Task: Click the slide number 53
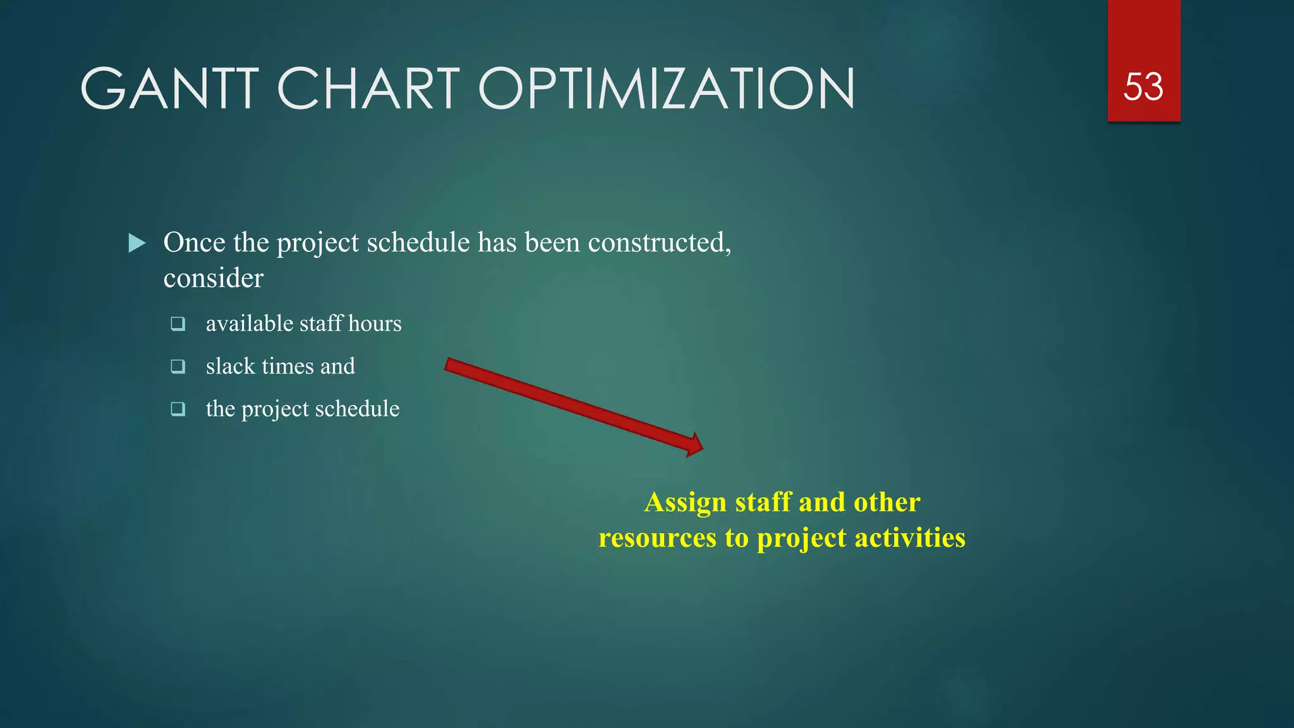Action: coord(1143,87)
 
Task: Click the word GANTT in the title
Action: coord(169,88)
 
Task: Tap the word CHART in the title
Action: coord(368,88)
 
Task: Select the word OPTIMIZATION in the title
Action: coord(667,88)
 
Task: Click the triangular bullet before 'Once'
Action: coord(137,243)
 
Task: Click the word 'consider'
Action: coord(213,279)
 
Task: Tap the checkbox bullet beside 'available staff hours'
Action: coord(178,324)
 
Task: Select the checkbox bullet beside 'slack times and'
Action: coord(178,367)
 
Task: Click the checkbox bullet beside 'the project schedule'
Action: coord(178,409)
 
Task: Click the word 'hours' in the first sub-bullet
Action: coord(375,324)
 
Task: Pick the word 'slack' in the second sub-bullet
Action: coord(230,367)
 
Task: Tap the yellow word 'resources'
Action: coord(657,538)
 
